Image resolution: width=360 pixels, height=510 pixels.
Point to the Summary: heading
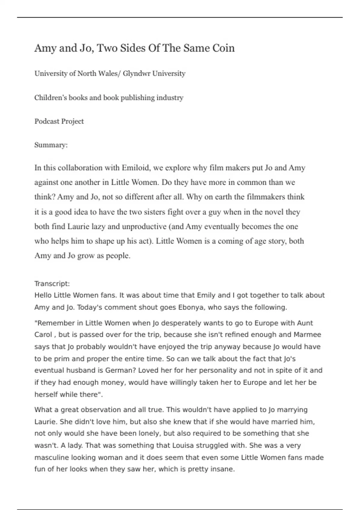(x=51, y=145)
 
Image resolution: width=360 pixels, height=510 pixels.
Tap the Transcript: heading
(x=52, y=283)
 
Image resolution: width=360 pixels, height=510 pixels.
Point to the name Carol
(x=43, y=334)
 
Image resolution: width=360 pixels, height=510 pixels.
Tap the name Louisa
(x=183, y=445)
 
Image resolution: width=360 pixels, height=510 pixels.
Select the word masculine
(x=52, y=457)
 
